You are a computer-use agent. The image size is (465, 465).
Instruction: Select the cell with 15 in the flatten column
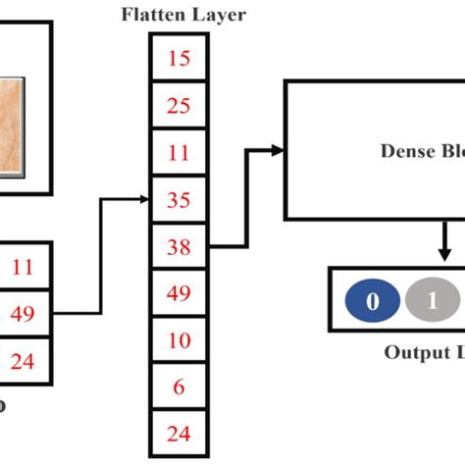[179, 58]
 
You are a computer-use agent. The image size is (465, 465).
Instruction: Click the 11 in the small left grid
[24, 265]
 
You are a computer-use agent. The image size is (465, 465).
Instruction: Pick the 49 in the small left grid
[24, 314]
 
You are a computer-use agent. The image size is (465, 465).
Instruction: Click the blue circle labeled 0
[372, 301]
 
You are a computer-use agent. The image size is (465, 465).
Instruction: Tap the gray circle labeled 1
[431, 301]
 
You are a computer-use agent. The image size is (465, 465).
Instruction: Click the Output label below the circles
[424, 352]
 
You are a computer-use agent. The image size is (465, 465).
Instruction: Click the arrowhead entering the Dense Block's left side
[279, 150]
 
